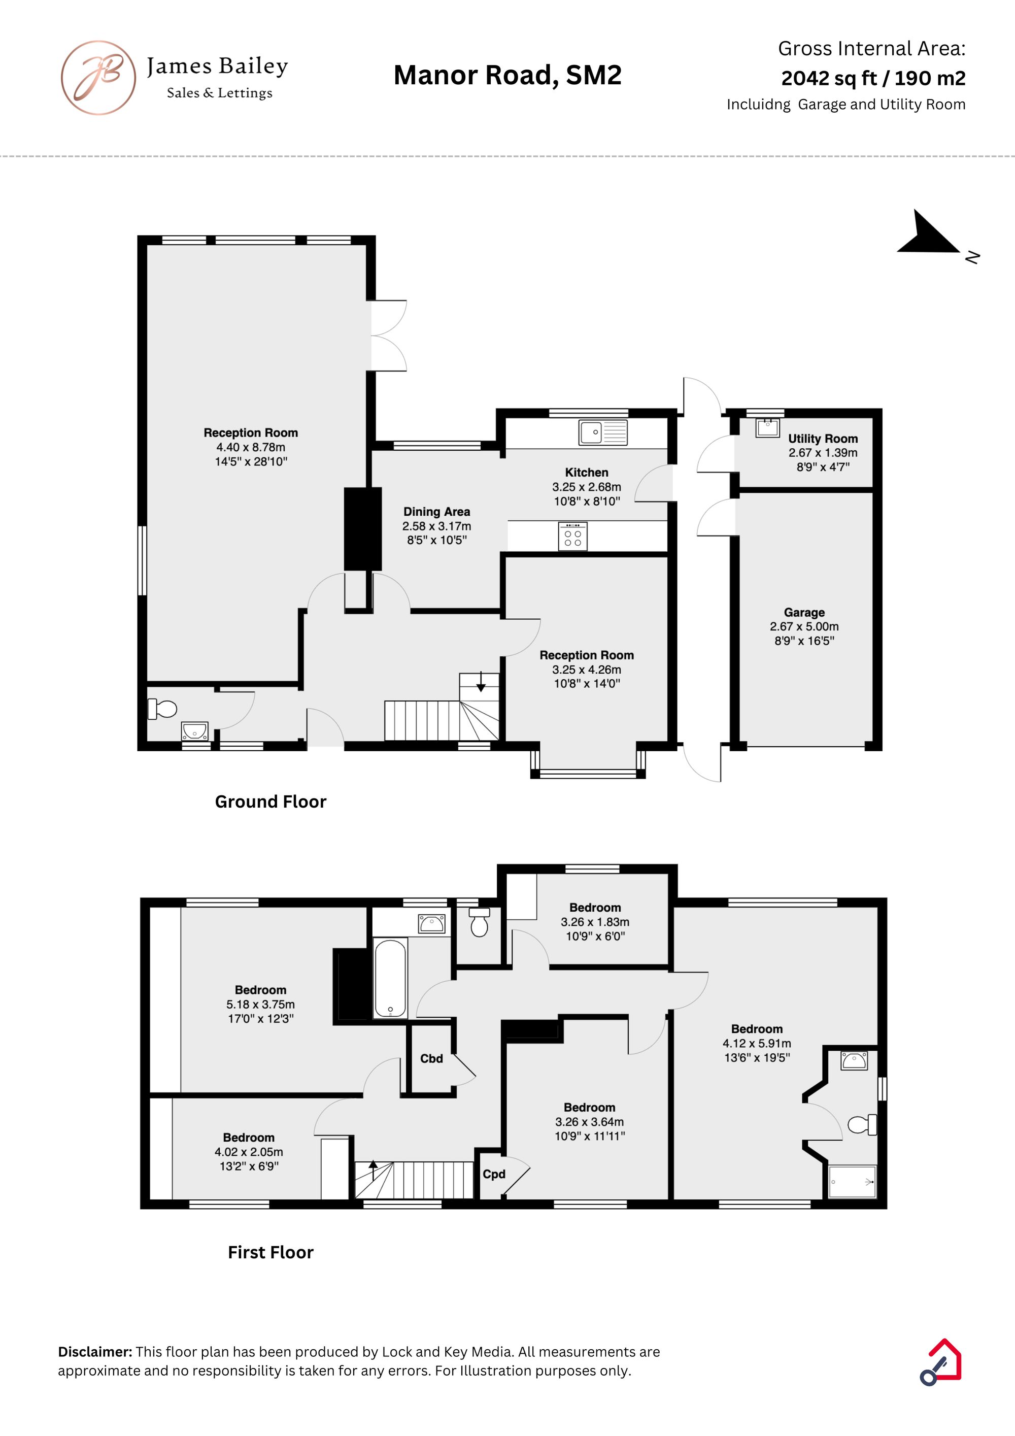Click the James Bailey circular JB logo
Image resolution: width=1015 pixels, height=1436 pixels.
(x=98, y=78)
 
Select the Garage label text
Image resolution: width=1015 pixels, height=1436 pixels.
(x=804, y=612)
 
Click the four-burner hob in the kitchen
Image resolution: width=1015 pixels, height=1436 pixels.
(x=573, y=537)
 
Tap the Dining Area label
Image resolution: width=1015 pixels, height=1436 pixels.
(x=436, y=512)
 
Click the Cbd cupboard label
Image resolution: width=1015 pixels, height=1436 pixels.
(x=431, y=1058)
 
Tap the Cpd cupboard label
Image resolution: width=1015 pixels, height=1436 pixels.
(x=494, y=1174)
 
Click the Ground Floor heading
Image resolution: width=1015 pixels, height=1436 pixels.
(x=271, y=802)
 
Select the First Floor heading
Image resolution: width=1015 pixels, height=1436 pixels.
(x=271, y=1252)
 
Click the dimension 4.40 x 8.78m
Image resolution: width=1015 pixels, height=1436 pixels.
(x=251, y=447)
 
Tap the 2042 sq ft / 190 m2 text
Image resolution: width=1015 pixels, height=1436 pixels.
(x=873, y=78)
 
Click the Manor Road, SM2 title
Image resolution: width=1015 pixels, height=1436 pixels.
(x=508, y=75)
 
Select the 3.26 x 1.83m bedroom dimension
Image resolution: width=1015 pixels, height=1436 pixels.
(x=595, y=922)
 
